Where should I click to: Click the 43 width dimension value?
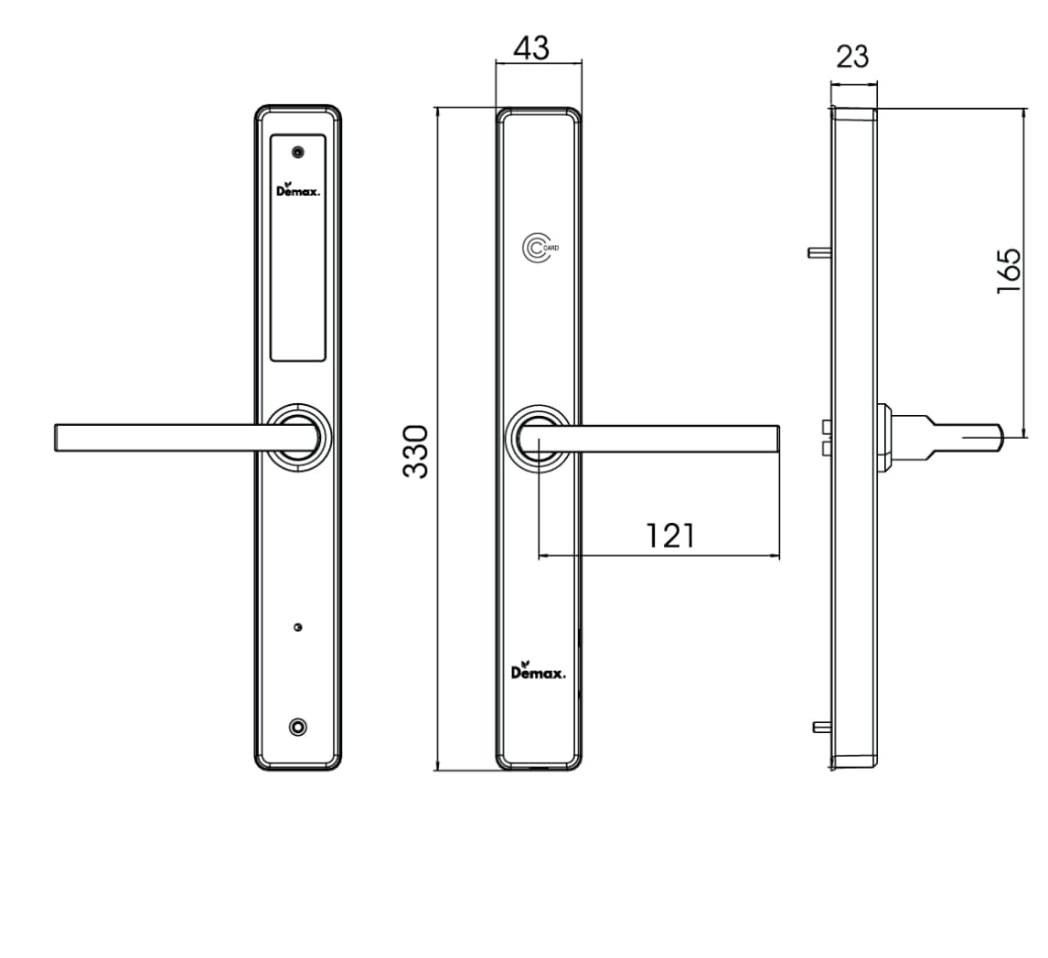pyautogui.click(x=531, y=48)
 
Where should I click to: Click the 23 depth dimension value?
pyautogui.click(x=852, y=57)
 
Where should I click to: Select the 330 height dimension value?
pyautogui.click(x=416, y=451)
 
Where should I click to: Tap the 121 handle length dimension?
pyautogui.click(x=670, y=535)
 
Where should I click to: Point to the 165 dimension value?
pyautogui.click(x=1008, y=270)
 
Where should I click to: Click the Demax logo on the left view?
pyautogui.click(x=298, y=189)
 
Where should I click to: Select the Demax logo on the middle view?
pyautogui.click(x=538, y=672)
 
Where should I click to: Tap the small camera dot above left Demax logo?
pyautogui.click(x=297, y=153)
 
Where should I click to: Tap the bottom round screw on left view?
pyautogui.click(x=297, y=727)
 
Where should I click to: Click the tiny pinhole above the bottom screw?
pyautogui.click(x=297, y=627)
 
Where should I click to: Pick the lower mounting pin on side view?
pyautogui.click(x=821, y=727)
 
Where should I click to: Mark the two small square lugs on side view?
pyautogui.click(x=827, y=438)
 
